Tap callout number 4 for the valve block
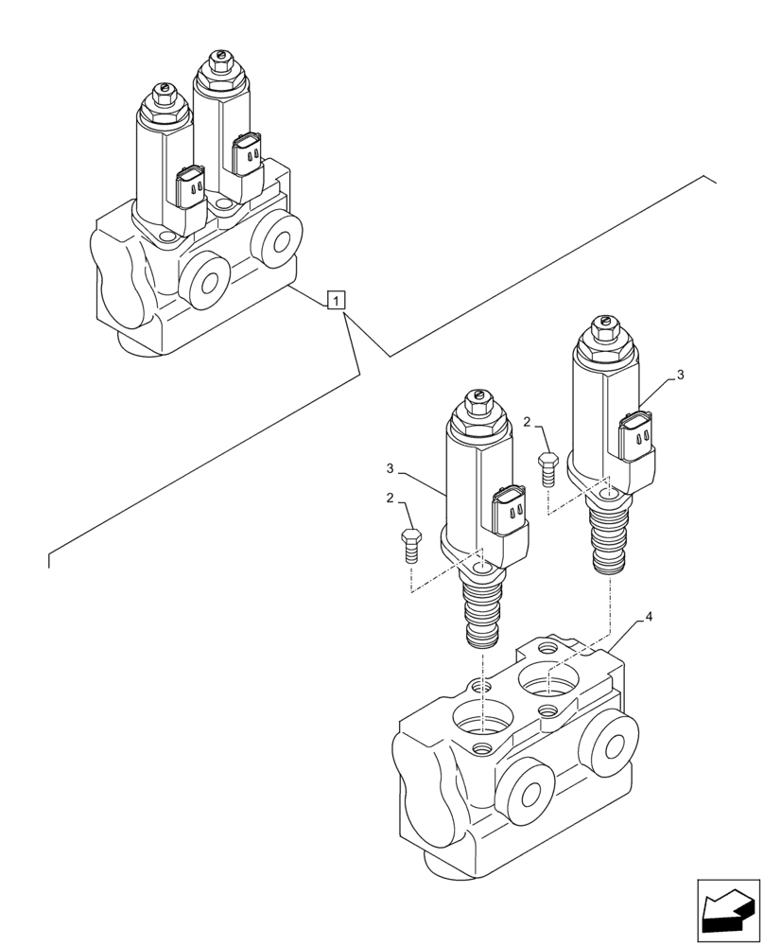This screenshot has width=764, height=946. click(x=649, y=616)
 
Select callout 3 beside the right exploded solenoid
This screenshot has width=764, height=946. click(x=682, y=375)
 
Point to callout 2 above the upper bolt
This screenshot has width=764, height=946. click(x=528, y=422)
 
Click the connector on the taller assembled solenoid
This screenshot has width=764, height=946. click(x=248, y=153)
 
